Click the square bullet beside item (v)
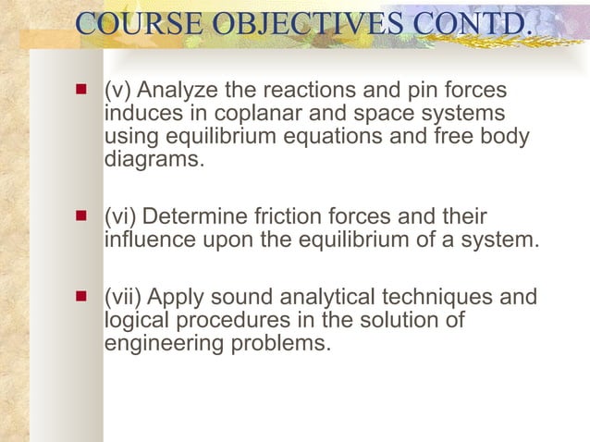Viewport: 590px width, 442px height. (81, 92)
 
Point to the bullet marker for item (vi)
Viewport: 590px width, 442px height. (81, 217)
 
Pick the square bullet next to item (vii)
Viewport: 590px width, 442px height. (81, 299)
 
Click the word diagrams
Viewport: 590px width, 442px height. (152, 158)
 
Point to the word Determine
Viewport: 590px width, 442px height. (194, 218)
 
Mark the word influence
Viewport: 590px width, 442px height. (147, 240)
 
